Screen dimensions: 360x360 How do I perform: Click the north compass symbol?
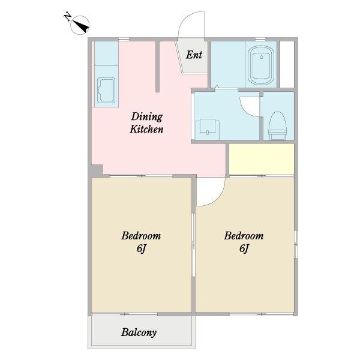80,25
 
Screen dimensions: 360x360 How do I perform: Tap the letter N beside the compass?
67,16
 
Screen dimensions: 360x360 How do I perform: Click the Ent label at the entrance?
194,55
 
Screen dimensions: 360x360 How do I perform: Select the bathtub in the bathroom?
261,65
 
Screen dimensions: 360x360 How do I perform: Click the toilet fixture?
277,125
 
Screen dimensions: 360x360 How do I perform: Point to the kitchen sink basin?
106,90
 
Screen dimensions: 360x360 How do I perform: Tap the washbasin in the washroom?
208,127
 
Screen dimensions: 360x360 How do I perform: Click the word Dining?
147,116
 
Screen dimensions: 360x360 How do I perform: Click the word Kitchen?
146,129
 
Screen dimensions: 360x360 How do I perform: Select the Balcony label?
139,332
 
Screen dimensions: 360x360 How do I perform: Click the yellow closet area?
262,159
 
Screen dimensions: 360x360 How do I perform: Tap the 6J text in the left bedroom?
141,248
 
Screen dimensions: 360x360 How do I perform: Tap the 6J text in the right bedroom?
244,248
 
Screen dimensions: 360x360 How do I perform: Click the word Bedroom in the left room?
141,236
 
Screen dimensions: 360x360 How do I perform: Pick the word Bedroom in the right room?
244,236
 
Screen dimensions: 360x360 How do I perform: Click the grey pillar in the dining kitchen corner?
97,170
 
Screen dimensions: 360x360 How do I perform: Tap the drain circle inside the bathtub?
261,57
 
